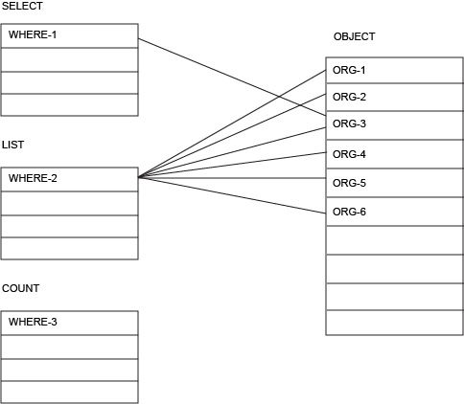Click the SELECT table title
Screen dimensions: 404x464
pyautogui.click(x=22, y=7)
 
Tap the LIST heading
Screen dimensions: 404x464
pyautogui.click(x=13, y=145)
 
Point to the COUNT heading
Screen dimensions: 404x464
pyautogui.click(x=21, y=288)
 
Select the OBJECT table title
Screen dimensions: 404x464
pyautogui.click(x=354, y=36)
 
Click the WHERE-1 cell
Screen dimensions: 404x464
pyautogui.click(x=69, y=35)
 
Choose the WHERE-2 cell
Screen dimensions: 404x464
pyautogui.click(x=69, y=179)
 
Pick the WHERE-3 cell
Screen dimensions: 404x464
pyautogui.click(x=69, y=323)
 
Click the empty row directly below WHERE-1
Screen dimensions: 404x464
pyautogui.click(x=69, y=59)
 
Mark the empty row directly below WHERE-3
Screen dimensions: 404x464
pyautogui.click(x=69, y=347)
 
